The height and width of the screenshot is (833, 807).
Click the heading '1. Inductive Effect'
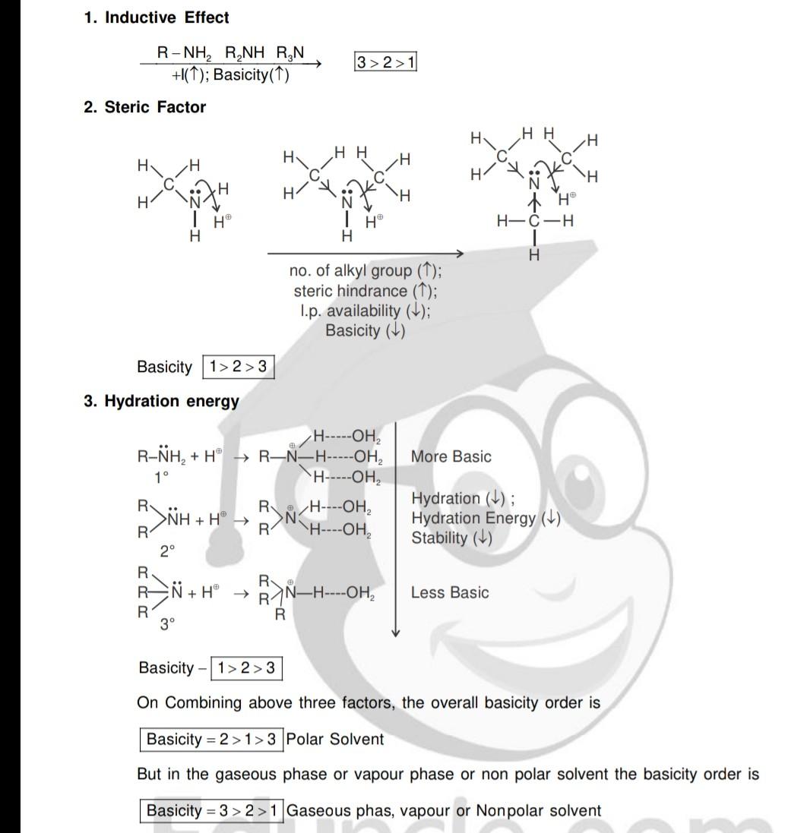tap(157, 17)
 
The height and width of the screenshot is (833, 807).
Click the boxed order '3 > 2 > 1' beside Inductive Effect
tap(385, 62)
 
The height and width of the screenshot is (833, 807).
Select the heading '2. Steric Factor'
tap(145, 107)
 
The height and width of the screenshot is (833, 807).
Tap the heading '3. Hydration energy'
tap(162, 401)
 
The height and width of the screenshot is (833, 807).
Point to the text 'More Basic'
tap(451, 456)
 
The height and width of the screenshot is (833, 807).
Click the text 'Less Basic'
tap(450, 592)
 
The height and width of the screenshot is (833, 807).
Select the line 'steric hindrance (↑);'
tap(366, 291)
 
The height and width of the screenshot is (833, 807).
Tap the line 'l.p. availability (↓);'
tap(365, 311)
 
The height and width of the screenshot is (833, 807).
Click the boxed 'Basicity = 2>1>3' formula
tap(211, 739)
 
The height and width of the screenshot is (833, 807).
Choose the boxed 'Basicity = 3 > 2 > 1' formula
tap(211, 810)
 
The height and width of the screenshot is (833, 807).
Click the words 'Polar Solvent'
tap(335, 739)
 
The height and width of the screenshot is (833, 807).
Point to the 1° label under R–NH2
tap(160, 477)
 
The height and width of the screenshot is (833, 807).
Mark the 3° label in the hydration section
tap(167, 624)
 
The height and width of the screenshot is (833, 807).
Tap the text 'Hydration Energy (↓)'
tap(486, 518)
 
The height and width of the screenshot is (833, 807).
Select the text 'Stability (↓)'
tap(451, 538)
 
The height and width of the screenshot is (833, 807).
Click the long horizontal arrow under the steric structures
tap(365, 253)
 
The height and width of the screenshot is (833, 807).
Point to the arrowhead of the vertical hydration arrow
tap(395, 633)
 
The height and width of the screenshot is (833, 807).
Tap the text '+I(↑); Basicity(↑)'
tap(231, 75)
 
